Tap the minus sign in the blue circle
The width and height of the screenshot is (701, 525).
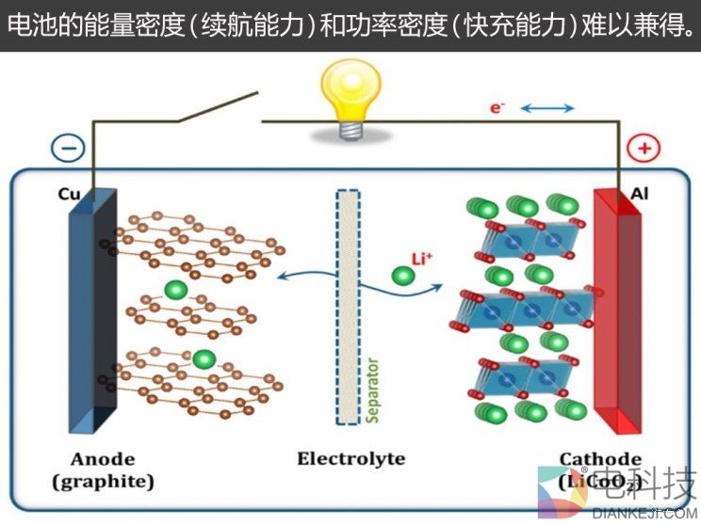pyautogui.click(x=69, y=148)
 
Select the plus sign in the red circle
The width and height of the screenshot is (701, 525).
pyautogui.click(x=644, y=148)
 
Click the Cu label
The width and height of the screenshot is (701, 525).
pyautogui.click(x=70, y=195)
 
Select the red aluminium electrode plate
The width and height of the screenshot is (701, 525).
pyautogui.click(x=618, y=310)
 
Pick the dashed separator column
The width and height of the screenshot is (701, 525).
pyautogui.click(x=348, y=306)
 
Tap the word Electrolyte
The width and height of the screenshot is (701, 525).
pyautogui.click(x=350, y=459)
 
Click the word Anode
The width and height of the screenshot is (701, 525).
pyautogui.click(x=103, y=459)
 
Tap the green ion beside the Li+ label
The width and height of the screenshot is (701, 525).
pyautogui.click(x=402, y=277)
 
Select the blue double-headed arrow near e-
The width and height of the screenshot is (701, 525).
pyautogui.click(x=547, y=108)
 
